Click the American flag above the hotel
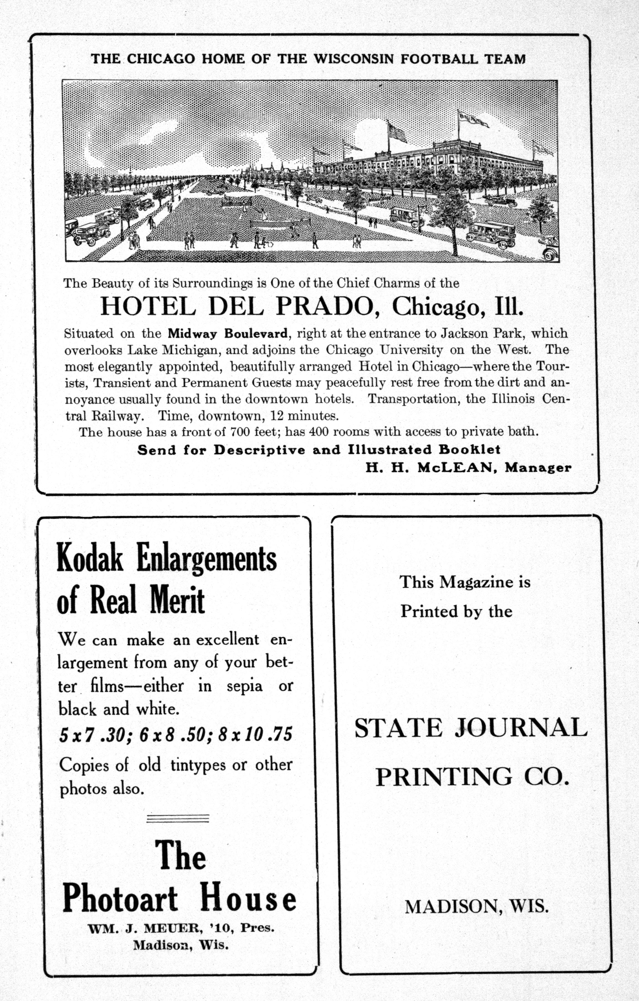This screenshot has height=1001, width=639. [397, 133]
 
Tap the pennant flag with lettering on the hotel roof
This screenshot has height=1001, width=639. [473, 120]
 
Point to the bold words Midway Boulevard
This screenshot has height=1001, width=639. [228, 333]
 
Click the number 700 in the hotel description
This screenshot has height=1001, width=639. [240, 431]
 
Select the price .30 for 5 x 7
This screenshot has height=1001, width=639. [112, 735]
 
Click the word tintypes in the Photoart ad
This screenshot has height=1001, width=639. [198, 764]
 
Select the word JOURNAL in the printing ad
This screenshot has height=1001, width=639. [521, 727]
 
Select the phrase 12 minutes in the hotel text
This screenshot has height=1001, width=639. [305, 415]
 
